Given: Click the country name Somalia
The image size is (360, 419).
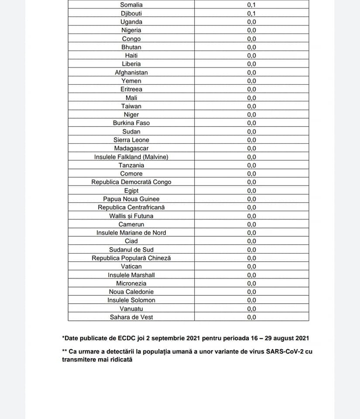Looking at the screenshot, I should [x=131, y=5].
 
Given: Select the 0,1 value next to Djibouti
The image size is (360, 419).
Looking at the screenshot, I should [x=251, y=14].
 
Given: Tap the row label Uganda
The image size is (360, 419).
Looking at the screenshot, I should [x=131, y=22].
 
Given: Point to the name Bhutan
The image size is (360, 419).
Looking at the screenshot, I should [x=131, y=47].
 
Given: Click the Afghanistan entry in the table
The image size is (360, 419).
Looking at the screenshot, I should [x=131, y=72].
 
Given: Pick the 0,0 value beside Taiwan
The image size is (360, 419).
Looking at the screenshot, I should [x=251, y=106].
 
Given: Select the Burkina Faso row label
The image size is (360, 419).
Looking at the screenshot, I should [x=131, y=123].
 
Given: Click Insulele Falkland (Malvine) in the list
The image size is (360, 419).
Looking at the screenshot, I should [x=131, y=157].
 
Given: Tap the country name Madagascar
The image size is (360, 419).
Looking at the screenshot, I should [x=131, y=148].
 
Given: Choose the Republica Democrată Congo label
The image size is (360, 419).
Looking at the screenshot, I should [x=131, y=182].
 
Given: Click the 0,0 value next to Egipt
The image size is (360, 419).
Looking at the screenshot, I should [x=251, y=191].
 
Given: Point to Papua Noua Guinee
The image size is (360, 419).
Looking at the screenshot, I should [x=131, y=199].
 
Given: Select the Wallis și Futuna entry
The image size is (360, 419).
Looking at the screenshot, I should [x=131, y=216].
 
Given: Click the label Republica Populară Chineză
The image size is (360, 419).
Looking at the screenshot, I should [x=131, y=258].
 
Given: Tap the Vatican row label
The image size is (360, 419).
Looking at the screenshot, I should [x=131, y=266].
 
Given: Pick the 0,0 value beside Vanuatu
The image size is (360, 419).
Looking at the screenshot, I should [x=251, y=309].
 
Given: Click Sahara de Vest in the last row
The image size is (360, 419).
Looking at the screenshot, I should [x=131, y=317].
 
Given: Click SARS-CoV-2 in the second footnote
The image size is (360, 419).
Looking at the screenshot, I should [x=285, y=351].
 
